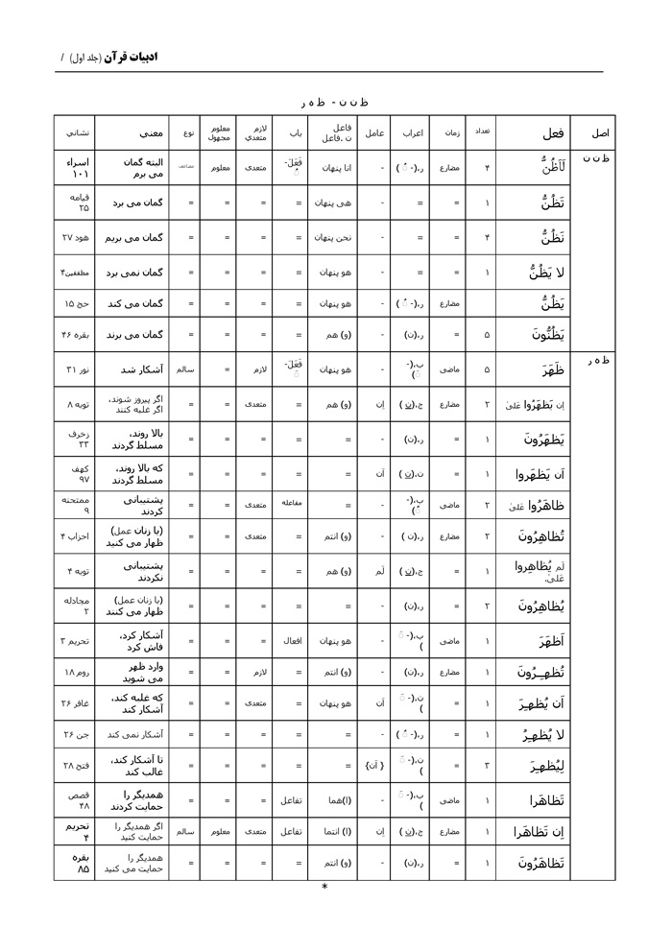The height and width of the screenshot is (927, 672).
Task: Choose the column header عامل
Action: coord(375,132)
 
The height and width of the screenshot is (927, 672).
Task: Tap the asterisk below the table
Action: coord(324,887)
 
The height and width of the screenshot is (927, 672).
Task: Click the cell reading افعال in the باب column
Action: coord(291,639)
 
